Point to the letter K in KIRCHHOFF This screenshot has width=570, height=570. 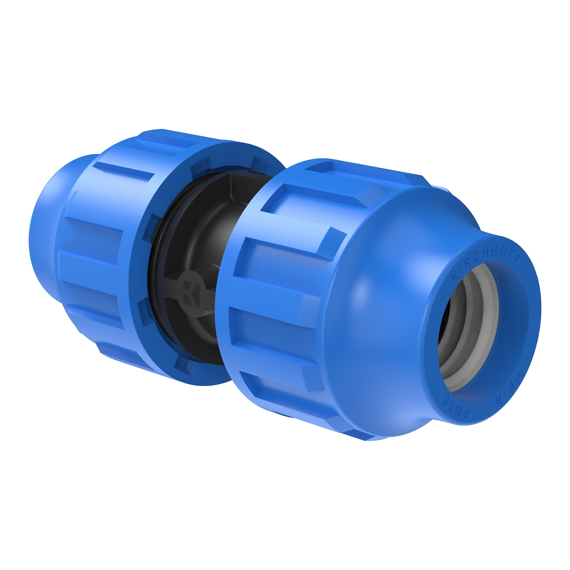(x=454, y=278)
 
